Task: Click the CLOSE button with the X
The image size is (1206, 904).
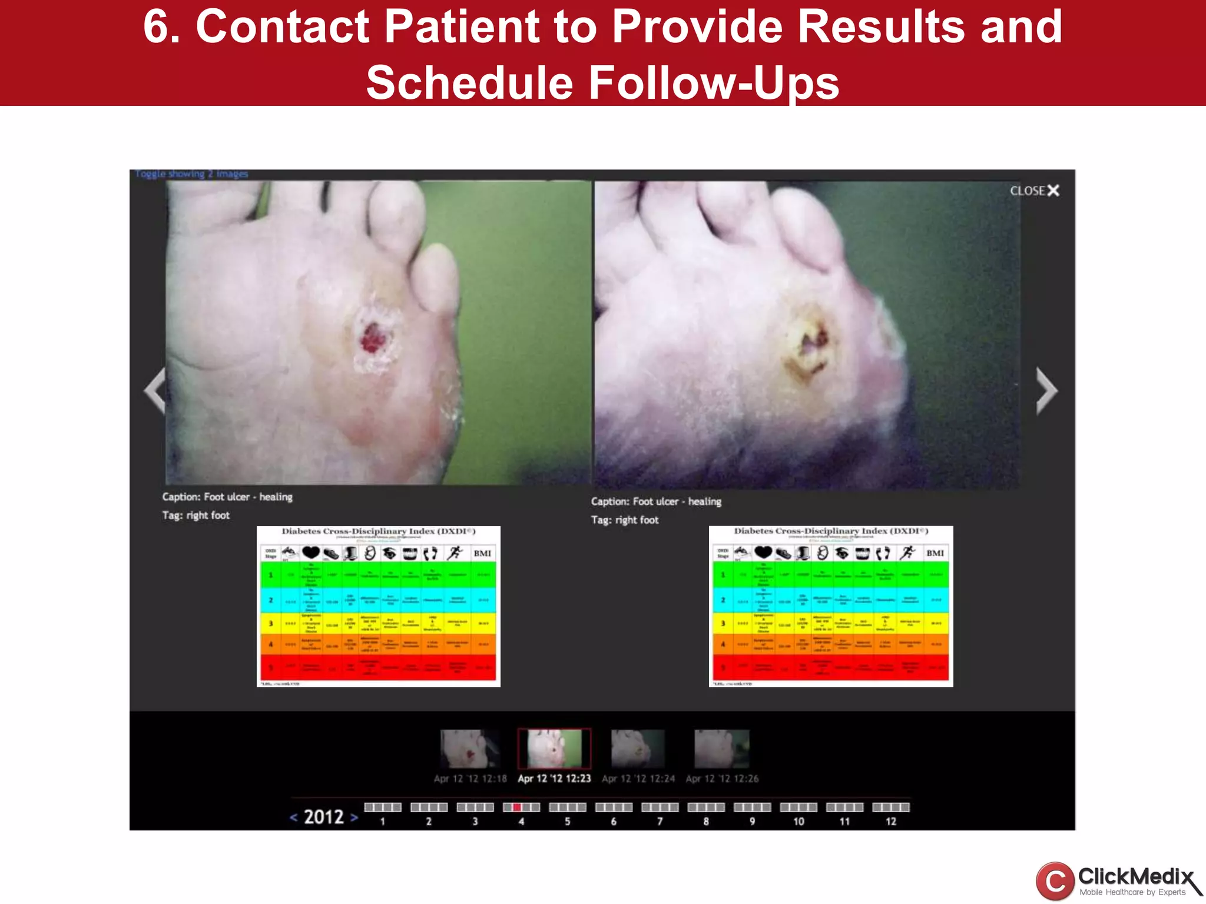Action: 1035,191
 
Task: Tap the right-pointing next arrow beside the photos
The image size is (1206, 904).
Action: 1046,391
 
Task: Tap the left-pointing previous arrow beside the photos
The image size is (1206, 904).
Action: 155,391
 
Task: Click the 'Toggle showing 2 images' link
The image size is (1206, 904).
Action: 192,174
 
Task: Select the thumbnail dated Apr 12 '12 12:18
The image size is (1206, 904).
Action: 469,749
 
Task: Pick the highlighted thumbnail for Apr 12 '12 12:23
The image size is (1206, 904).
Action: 554,749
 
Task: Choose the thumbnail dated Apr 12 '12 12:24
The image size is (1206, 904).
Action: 638,749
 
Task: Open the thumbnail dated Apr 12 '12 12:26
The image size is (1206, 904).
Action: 722,749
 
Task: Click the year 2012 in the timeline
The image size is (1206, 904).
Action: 324,817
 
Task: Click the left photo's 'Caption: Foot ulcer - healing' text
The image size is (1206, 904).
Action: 227,497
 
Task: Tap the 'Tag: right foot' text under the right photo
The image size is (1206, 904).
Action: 625,520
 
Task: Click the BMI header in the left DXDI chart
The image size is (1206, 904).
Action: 482,553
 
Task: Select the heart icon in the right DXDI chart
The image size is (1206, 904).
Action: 763,552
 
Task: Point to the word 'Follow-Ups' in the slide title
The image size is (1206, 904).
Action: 714,82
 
